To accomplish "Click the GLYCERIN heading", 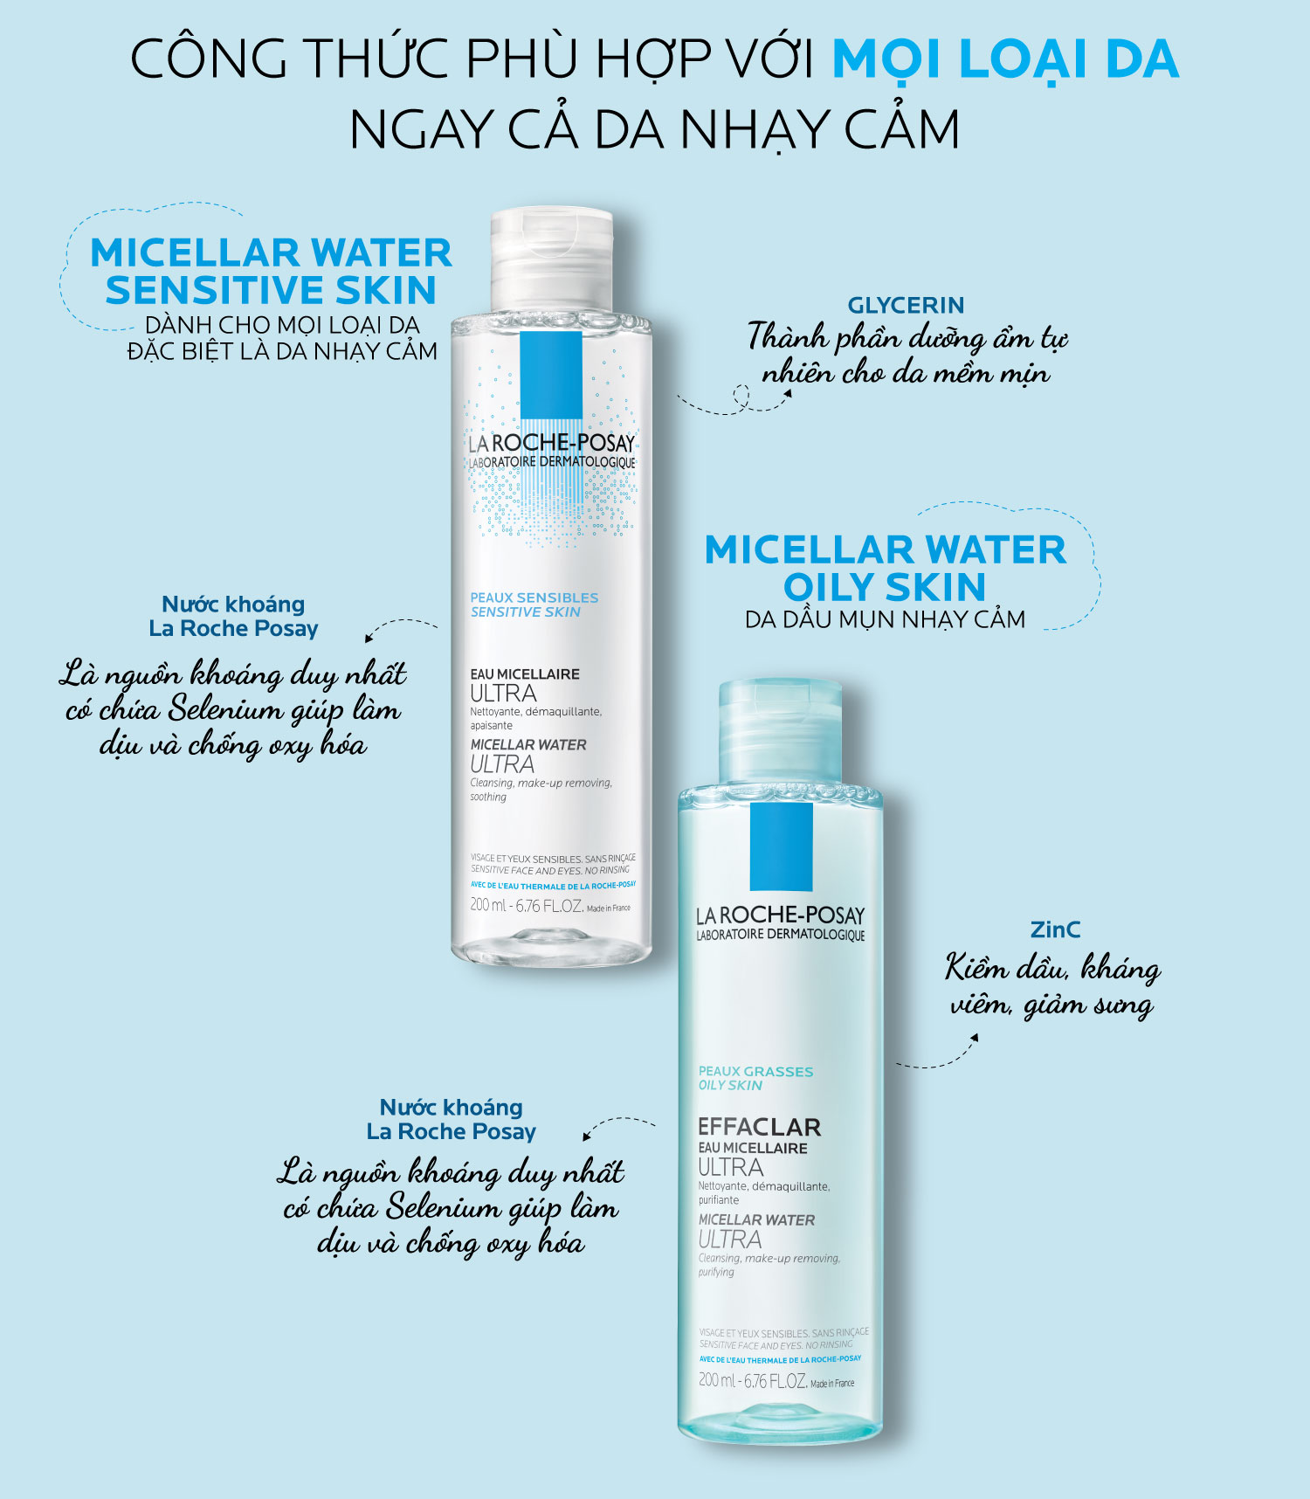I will [x=906, y=305].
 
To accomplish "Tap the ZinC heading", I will [x=1055, y=929].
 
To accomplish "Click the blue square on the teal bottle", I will [x=781, y=846].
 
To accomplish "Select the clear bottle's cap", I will [x=551, y=259].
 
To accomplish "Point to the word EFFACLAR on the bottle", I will [x=759, y=1127].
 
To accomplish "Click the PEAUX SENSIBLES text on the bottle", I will [x=534, y=598].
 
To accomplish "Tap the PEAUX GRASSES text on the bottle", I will [x=755, y=1071].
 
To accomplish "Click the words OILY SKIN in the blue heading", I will [x=884, y=586].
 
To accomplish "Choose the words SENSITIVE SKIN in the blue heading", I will [x=271, y=290].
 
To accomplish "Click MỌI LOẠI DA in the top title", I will [x=1004, y=59].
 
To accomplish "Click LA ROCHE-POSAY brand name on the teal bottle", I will [x=780, y=915].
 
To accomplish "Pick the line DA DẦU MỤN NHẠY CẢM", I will [x=885, y=619].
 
